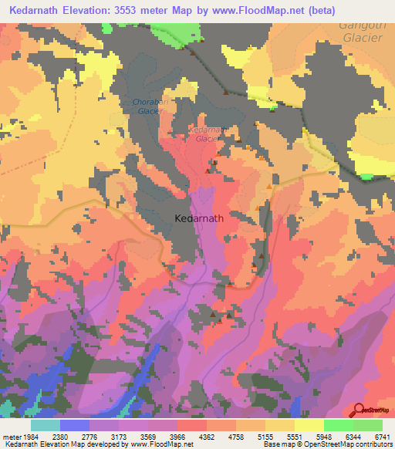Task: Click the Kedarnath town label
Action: click(199, 218)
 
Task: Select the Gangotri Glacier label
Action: click(361, 35)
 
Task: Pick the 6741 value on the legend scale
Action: click(381, 436)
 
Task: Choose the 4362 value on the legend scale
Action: click(207, 436)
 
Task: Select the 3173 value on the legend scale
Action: click(120, 436)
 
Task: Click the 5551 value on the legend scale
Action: click(295, 436)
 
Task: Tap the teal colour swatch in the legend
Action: click(46, 425)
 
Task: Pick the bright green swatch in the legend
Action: click(339, 425)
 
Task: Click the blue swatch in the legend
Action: click(75, 425)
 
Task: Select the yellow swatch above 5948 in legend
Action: click(309, 425)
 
